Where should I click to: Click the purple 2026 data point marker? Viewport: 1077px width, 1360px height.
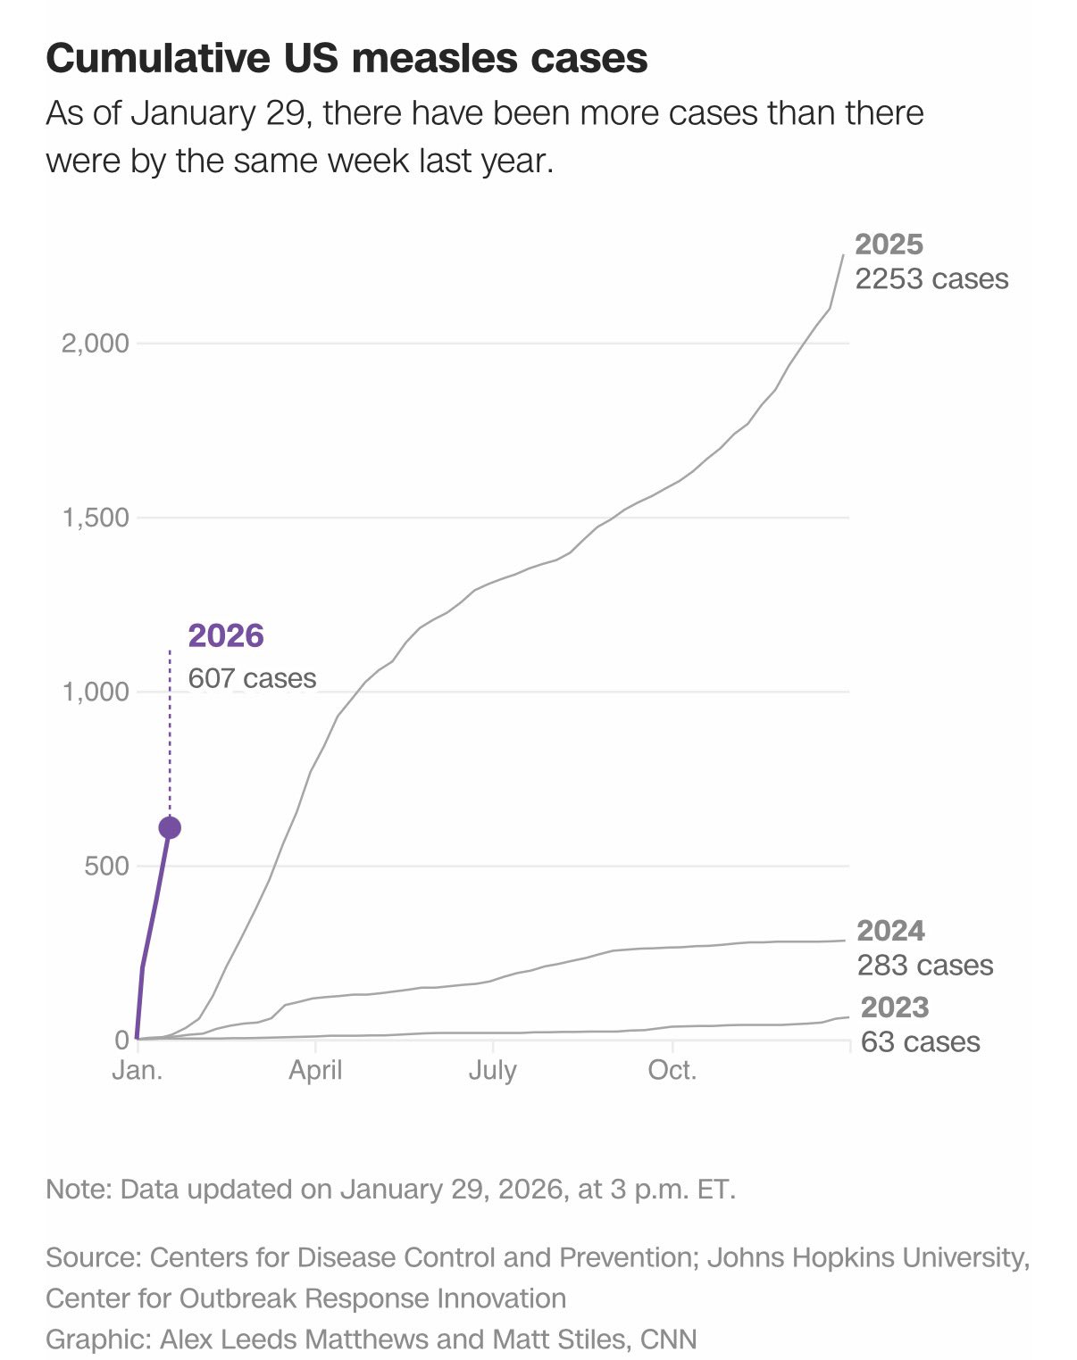click(x=170, y=827)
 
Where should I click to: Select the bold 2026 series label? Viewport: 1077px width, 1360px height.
click(x=226, y=635)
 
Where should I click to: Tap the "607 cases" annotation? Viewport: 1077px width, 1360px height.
click(x=252, y=678)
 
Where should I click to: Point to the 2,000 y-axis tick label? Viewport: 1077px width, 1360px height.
click(x=95, y=343)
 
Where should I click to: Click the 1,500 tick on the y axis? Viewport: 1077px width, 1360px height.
click(x=95, y=518)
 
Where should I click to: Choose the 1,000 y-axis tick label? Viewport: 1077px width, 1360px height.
click(x=95, y=692)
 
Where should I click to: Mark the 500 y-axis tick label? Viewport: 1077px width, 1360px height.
click(x=106, y=866)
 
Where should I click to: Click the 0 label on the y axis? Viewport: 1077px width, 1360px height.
click(x=121, y=1040)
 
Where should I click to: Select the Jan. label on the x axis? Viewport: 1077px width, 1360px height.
click(x=138, y=1070)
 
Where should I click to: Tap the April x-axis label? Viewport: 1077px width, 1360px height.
click(x=315, y=1070)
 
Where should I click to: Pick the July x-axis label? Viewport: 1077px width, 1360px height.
click(x=493, y=1070)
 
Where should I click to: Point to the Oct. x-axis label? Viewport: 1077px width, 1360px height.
click(x=672, y=1070)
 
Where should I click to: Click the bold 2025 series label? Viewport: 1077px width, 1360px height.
click(x=889, y=245)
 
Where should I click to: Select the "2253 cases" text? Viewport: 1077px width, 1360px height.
click(x=931, y=279)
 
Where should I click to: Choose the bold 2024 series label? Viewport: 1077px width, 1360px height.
click(x=890, y=931)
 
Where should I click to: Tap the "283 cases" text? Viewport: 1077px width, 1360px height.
click(x=924, y=966)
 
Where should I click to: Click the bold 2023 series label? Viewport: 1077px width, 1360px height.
click(x=894, y=1008)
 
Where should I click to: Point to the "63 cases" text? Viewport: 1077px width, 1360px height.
click(x=920, y=1042)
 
